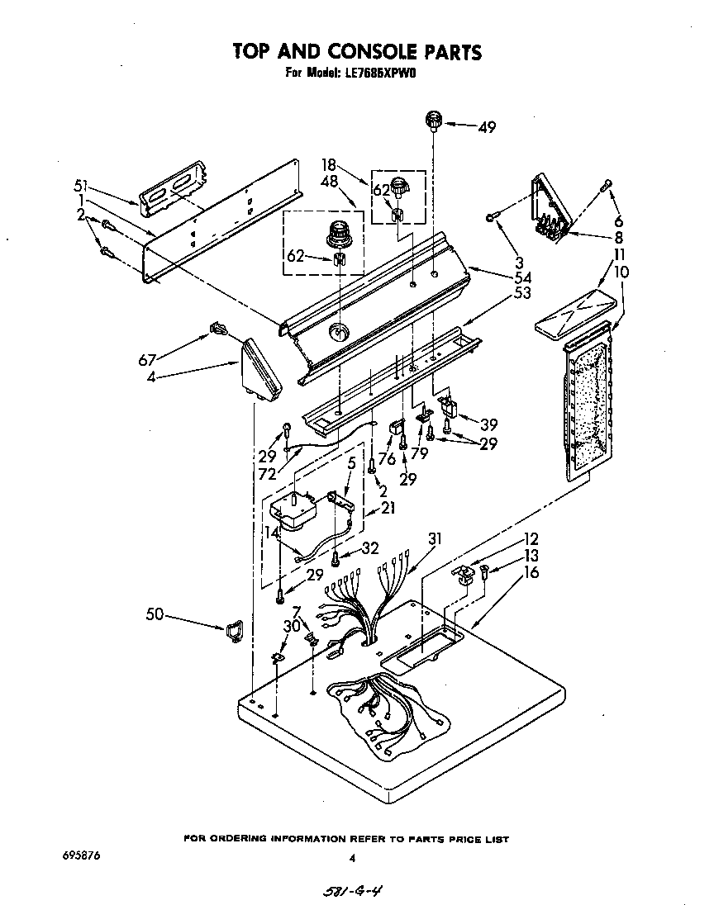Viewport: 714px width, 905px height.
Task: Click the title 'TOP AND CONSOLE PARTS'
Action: (x=357, y=52)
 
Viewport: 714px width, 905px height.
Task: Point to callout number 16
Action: (x=531, y=572)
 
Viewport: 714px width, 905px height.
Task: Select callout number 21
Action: (x=388, y=508)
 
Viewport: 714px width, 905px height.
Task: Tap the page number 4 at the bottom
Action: (x=352, y=858)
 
